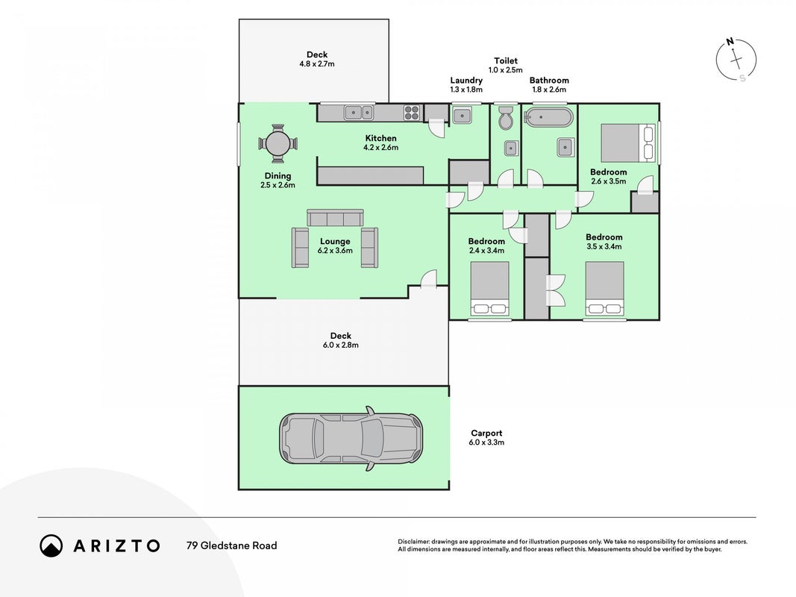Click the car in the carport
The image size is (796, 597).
point(351,438)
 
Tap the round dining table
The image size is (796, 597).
point(278,144)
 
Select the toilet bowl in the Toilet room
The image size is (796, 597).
point(506,118)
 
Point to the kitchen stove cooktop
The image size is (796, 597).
point(412,112)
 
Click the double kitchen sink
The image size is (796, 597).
point(358,112)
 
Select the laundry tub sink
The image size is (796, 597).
point(462,115)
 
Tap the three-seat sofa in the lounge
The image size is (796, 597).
point(335,218)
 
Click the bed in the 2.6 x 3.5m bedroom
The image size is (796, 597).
point(627,143)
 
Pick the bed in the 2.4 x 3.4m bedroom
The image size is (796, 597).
point(490,288)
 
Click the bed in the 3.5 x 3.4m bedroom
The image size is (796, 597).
point(604,288)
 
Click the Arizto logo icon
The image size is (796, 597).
point(51,546)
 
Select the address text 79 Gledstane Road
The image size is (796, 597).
point(232,546)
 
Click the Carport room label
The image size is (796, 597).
point(486,433)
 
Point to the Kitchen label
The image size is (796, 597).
point(380,138)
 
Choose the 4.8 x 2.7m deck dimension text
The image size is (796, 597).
point(317,64)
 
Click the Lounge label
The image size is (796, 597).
point(335,242)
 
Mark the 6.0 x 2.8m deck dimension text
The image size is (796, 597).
point(341,346)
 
